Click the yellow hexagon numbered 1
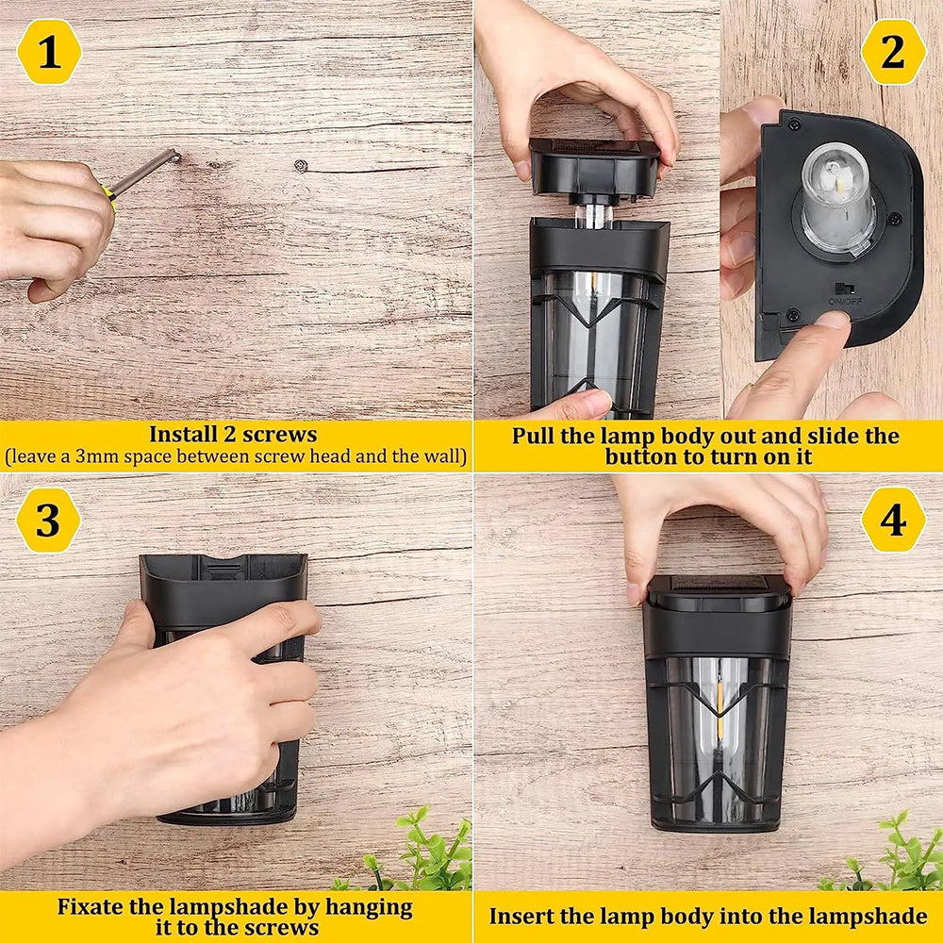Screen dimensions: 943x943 [x=49, y=52]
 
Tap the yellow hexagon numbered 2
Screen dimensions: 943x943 [x=893, y=52]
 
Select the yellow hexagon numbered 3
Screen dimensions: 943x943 [x=48, y=521]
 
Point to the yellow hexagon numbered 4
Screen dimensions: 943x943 [x=893, y=521]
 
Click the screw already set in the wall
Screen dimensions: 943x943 [x=302, y=165]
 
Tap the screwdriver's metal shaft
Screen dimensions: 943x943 [x=145, y=172]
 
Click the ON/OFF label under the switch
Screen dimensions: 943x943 [x=845, y=301]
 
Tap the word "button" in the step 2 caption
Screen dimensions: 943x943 [x=641, y=457]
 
